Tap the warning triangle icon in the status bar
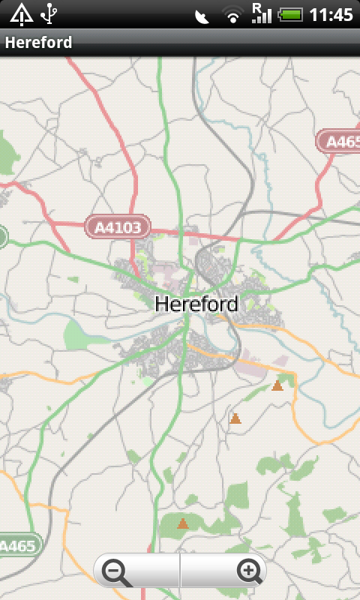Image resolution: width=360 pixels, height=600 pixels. [x=21, y=13]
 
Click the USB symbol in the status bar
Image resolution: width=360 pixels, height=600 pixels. [x=49, y=13]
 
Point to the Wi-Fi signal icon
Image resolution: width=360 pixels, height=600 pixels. [x=233, y=14]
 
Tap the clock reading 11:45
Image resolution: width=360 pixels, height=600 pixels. [x=331, y=14]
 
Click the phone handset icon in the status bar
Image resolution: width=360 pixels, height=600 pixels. [x=201, y=16]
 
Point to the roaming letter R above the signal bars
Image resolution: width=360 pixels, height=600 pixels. [x=256, y=7]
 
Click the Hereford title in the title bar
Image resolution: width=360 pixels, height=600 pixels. [x=39, y=42]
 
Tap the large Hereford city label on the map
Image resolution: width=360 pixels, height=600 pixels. [x=196, y=304]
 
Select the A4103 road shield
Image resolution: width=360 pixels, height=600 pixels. [x=118, y=226]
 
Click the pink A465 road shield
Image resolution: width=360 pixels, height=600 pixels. [x=339, y=141]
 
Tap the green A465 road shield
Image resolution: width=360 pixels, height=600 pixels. [x=18, y=545]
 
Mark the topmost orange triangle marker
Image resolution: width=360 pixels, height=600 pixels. [x=277, y=385]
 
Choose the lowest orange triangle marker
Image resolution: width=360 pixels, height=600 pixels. [x=182, y=523]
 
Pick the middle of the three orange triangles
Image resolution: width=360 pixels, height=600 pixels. [x=235, y=418]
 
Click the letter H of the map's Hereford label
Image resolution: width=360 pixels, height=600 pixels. [x=160, y=304]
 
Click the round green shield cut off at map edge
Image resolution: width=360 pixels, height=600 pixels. [x=2, y=238]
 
